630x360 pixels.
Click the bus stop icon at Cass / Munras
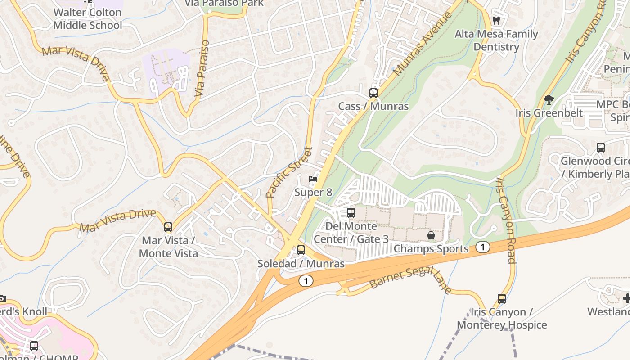[x=373, y=93]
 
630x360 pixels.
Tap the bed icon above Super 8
[x=313, y=179]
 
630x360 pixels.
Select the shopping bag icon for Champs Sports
[x=431, y=235]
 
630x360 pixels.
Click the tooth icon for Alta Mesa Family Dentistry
[x=496, y=20]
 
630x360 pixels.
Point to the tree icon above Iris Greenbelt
[x=549, y=99]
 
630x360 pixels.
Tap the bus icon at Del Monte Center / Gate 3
[x=351, y=213]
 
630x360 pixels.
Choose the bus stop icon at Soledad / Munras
[x=301, y=250]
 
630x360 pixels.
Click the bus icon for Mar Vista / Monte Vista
[x=168, y=227]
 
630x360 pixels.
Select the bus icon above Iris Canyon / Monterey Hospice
[x=501, y=298]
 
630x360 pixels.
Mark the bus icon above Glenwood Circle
[x=600, y=148]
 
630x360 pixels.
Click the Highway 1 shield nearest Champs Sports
[x=482, y=247]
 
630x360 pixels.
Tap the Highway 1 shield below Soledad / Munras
[x=306, y=281]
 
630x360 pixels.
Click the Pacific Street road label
[x=289, y=173]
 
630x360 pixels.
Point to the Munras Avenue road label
[x=422, y=44]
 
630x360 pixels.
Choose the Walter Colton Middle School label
[x=88, y=19]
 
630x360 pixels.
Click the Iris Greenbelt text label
[x=549, y=113]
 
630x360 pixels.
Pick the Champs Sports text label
[x=431, y=249]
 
